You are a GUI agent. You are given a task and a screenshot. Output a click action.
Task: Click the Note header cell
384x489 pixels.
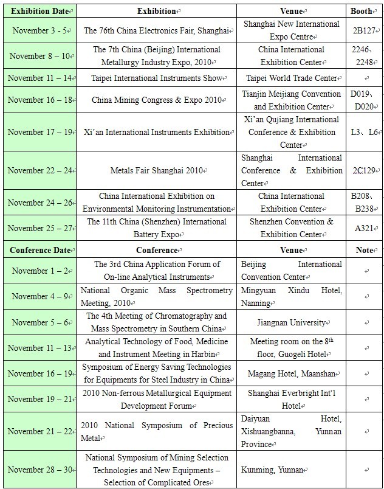pos(364,250)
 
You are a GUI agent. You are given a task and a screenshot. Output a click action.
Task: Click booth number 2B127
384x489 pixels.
pos(364,30)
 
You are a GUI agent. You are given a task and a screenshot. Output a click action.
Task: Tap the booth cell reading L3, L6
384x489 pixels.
pos(364,133)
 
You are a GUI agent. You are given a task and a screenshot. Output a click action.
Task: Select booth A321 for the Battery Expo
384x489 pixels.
pos(364,228)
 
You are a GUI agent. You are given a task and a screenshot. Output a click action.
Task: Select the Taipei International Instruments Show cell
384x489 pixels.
pos(155,78)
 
